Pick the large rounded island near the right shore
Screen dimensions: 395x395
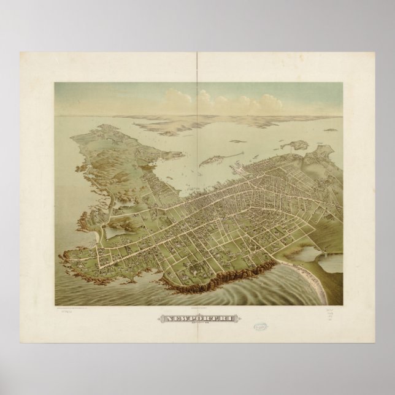point(297,145)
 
